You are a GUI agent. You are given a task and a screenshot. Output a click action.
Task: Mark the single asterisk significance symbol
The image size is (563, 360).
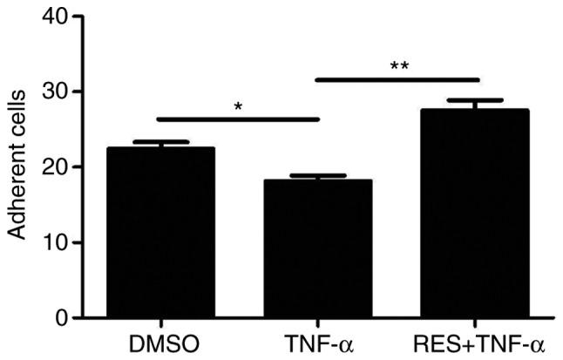[237, 107]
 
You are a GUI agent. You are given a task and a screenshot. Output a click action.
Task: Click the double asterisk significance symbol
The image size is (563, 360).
[396, 66]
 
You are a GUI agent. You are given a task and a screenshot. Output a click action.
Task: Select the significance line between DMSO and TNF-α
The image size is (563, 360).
[237, 119]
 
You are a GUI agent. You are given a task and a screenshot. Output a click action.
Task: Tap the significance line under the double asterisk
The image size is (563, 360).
[396, 79]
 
